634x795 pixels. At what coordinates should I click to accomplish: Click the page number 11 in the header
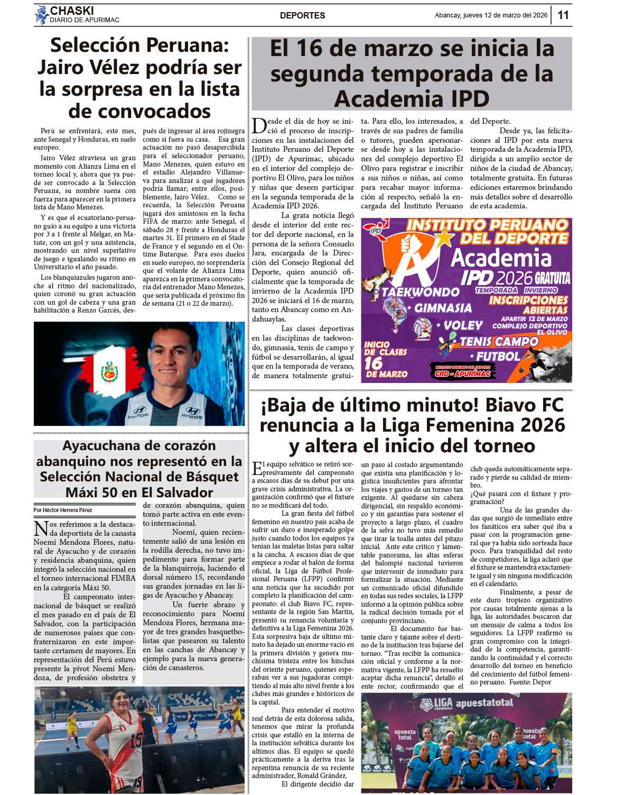(x=563, y=15)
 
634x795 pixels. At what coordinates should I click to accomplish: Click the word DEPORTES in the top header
(x=302, y=16)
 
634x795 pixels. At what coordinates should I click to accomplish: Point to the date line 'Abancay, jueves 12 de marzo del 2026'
(x=490, y=15)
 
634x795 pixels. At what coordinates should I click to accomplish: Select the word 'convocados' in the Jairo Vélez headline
(x=139, y=112)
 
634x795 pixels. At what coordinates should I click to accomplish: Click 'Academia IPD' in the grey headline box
(x=412, y=98)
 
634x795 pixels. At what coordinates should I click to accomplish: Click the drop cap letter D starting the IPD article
(x=259, y=126)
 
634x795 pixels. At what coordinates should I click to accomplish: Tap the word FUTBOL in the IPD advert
(x=498, y=357)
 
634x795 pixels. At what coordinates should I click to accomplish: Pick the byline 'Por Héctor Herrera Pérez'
(x=62, y=510)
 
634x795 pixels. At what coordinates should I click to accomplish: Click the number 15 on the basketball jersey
(x=136, y=739)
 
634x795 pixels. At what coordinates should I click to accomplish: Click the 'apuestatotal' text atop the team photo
(x=484, y=703)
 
